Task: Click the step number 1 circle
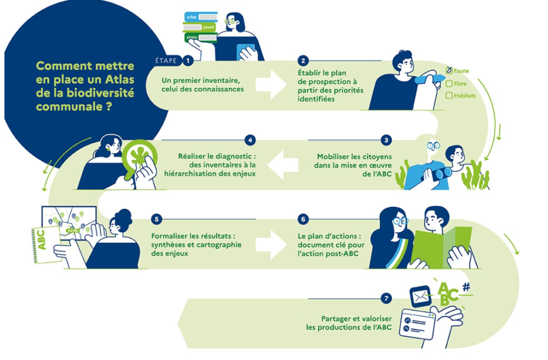[188, 61]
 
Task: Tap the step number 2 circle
[303, 61]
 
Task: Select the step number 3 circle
[386, 140]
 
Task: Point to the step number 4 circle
[250, 140]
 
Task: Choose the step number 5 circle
[157, 219]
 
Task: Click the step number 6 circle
[303, 219]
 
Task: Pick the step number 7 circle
[386, 298]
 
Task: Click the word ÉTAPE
[166, 61]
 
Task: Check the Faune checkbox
[449, 71]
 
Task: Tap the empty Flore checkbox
[449, 84]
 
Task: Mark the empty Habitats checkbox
[449, 96]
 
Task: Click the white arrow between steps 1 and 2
[271, 85]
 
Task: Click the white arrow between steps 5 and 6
[271, 244]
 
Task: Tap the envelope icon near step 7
[420, 297]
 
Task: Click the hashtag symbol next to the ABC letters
[466, 287]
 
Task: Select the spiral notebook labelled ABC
[46, 245]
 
